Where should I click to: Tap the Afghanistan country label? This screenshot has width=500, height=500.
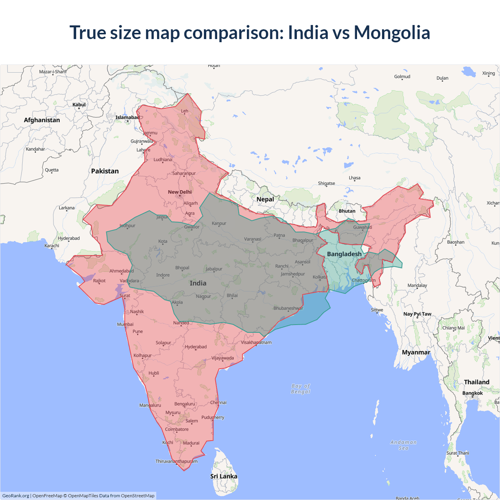pos(42,120)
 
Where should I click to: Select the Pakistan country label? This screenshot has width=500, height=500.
pos(105,171)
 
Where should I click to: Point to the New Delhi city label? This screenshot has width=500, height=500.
pos(180,192)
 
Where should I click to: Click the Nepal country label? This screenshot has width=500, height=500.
pos(265,199)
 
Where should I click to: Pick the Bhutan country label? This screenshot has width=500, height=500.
pos(347,211)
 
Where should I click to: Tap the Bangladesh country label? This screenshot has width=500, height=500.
pos(344,254)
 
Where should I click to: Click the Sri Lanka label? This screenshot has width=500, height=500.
pos(223,476)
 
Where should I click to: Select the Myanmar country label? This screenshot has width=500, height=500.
pos(416,352)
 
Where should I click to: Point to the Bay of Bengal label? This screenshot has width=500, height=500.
pos(300,389)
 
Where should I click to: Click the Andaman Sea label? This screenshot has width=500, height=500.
pos(404,445)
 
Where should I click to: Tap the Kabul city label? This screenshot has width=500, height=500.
pos(79,105)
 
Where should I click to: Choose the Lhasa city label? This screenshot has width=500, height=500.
pos(355,178)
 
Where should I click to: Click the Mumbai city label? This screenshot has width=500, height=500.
pos(125,324)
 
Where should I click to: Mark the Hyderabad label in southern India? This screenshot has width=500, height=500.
pos(196,347)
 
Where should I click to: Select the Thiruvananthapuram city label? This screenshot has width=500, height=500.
pos(177,461)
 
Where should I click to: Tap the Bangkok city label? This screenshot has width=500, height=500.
pos(472,393)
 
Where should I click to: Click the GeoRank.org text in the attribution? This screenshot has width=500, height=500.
pos(16,496)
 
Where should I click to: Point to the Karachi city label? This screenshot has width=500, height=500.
pos(52,246)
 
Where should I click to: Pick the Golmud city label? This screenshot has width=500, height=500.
pos(402,77)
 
